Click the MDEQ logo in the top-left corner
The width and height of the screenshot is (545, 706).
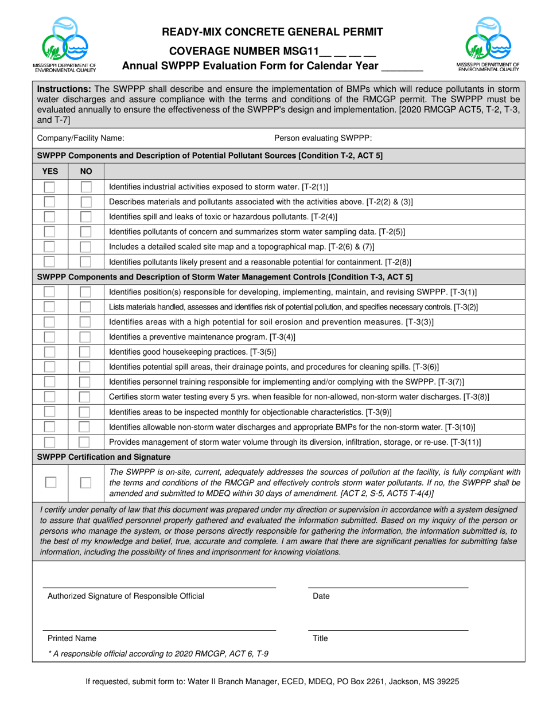[x=64, y=44]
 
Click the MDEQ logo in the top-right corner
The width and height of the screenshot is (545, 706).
[x=488, y=44]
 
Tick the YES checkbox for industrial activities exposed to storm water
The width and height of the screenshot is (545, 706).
[x=50, y=187]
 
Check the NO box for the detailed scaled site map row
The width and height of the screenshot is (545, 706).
[x=85, y=247]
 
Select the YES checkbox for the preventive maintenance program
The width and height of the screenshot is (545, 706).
[x=50, y=337]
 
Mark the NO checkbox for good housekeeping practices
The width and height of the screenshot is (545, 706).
[x=85, y=352]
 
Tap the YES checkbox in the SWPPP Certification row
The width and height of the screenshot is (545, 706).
[x=50, y=483]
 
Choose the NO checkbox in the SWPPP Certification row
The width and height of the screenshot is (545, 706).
[x=85, y=483]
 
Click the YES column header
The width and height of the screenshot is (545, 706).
[x=50, y=171]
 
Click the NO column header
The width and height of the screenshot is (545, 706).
[x=85, y=171]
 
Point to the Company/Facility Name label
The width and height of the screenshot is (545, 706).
[x=80, y=138]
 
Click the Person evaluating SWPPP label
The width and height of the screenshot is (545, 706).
[x=323, y=138]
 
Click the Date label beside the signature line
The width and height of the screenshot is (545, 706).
[x=321, y=596]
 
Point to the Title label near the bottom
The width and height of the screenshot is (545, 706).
[x=320, y=638]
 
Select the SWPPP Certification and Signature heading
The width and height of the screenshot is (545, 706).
[x=104, y=457]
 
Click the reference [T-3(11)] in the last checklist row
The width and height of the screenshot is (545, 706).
[x=463, y=442]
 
